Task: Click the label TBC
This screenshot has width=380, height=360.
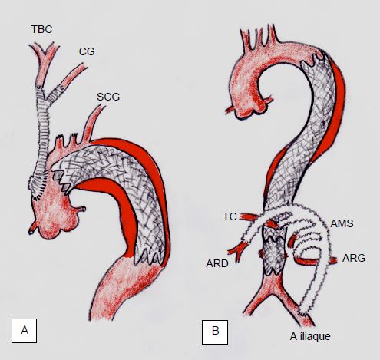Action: (42, 29)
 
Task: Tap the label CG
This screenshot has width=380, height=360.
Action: (87, 51)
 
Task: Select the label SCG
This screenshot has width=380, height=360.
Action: (108, 97)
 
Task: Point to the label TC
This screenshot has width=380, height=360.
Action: (230, 216)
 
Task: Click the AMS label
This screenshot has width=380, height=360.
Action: (342, 223)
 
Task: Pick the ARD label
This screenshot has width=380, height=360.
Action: (217, 263)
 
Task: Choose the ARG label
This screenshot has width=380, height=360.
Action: (354, 258)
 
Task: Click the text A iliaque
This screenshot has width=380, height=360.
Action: (310, 336)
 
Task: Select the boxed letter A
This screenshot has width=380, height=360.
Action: (25, 331)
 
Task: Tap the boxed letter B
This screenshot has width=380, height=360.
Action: (215, 332)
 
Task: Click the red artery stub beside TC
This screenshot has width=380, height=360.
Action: (248, 217)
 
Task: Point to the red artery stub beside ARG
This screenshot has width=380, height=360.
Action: (333, 260)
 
